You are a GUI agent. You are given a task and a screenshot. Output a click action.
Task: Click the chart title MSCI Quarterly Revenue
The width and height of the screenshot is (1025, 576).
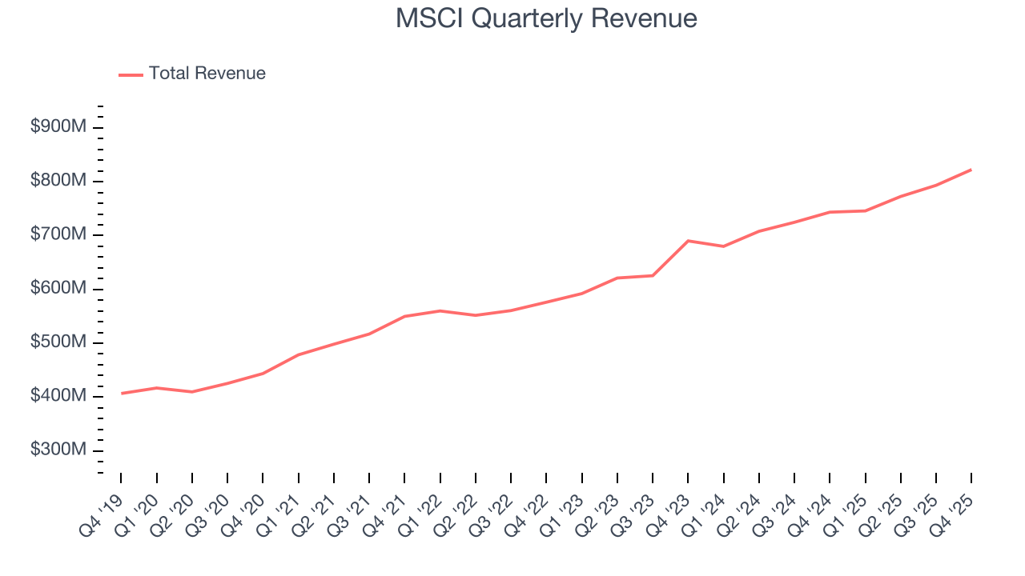click(546, 19)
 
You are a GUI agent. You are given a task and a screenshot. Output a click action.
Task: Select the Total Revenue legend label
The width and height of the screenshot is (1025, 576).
click(207, 74)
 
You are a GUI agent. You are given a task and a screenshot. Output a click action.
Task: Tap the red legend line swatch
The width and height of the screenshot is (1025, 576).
click(131, 74)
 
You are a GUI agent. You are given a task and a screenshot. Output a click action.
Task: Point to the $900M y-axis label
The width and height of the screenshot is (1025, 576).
click(58, 127)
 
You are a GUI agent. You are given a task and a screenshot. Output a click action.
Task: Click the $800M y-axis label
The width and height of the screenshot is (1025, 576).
click(58, 181)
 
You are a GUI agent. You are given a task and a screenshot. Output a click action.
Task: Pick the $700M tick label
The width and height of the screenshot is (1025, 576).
click(58, 235)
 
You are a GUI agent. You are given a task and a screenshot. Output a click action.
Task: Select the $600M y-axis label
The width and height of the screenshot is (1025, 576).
click(58, 289)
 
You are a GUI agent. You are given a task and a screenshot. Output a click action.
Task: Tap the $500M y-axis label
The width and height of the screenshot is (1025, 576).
click(58, 342)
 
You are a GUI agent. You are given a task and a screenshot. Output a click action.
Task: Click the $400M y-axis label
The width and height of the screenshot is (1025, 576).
click(58, 397)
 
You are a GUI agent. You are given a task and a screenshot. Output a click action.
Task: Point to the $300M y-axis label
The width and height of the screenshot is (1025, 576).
click(58, 450)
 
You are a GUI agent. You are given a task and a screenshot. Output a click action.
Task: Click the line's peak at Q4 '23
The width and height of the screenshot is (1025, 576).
click(688, 241)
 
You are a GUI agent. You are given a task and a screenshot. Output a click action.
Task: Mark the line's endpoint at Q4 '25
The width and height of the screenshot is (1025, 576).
click(971, 170)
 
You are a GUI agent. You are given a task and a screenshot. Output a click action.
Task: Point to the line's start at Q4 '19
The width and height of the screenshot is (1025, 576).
click(122, 394)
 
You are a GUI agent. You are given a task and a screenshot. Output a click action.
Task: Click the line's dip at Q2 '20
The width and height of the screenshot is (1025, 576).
click(192, 392)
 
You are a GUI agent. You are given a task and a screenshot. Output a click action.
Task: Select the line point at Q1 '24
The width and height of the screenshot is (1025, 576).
click(723, 246)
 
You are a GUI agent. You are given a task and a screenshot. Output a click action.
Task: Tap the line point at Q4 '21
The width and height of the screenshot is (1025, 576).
click(404, 317)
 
